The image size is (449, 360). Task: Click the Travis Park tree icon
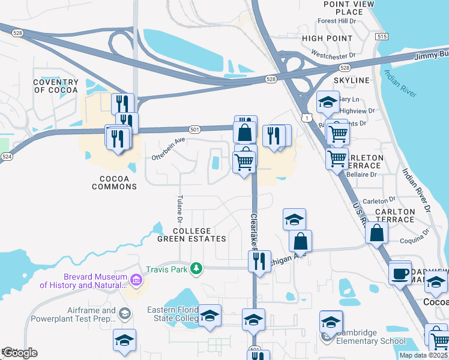[x=196, y=268]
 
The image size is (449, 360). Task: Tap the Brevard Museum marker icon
[x=136, y=279]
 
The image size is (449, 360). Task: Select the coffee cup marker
[x=400, y=275]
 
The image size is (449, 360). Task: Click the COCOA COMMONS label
[x=114, y=182]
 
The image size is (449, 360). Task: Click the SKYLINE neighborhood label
[x=352, y=80]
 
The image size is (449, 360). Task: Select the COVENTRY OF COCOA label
[x=56, y=86]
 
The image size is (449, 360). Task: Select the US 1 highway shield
[x=306, y=118]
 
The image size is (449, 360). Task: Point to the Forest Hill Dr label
[x=337, y=21]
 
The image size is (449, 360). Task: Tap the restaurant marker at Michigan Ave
[x=259, y=261]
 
